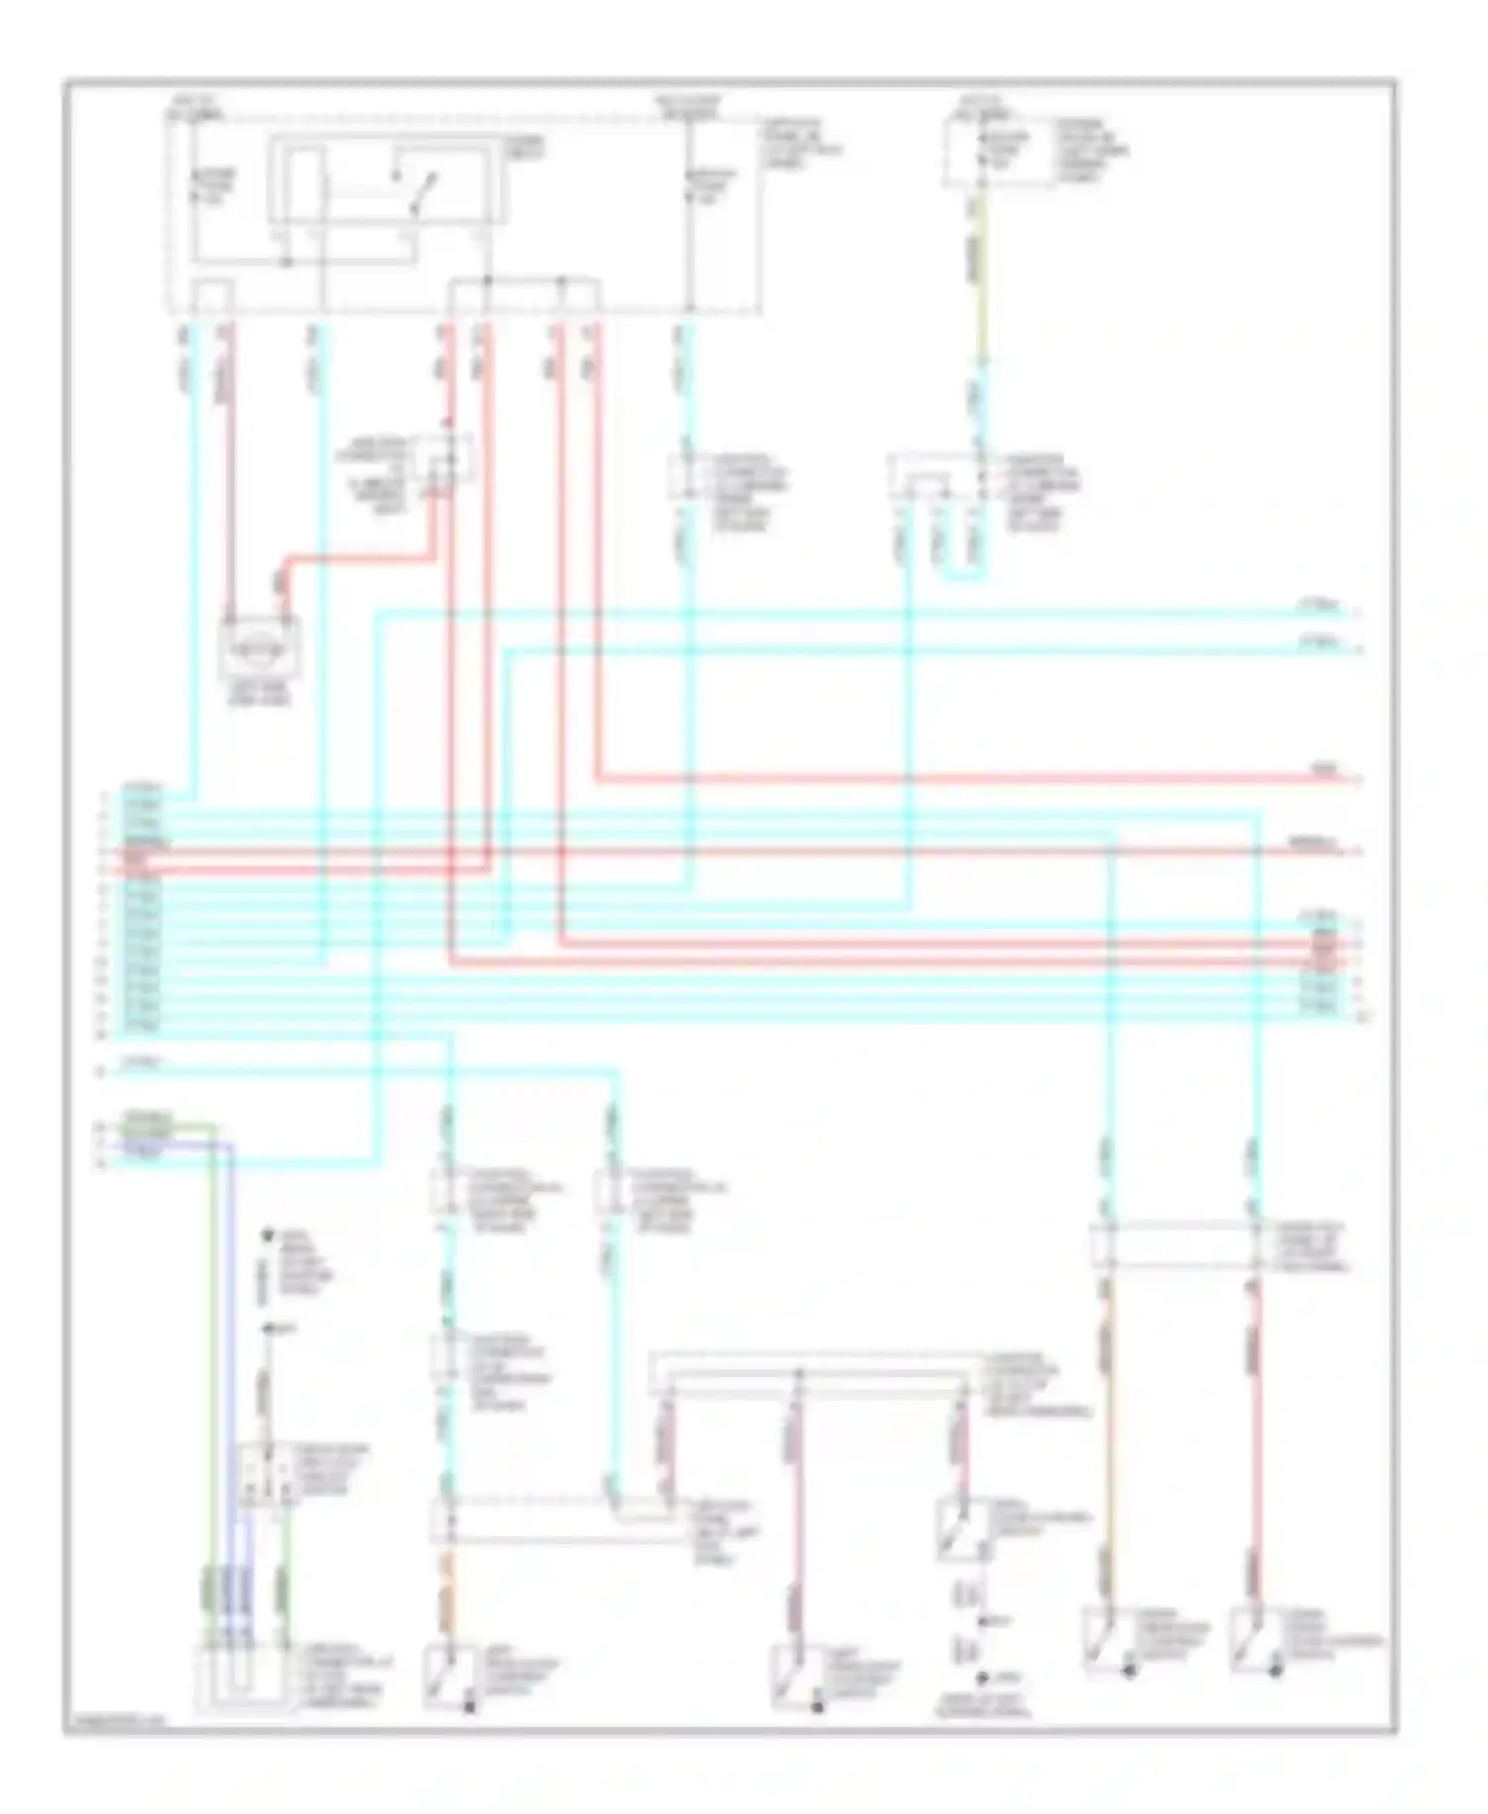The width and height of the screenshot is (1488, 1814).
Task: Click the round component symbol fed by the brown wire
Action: [259, 650]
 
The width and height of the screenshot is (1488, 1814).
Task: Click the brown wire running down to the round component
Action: [230, 476]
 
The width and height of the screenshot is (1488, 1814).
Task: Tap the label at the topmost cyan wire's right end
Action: [1319, 604]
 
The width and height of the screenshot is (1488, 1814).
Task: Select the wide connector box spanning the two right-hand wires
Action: [1180, 1246]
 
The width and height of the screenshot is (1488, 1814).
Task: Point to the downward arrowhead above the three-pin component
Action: [266, 1236]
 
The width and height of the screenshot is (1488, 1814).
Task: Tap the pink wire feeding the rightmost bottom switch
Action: [1254, 1439]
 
